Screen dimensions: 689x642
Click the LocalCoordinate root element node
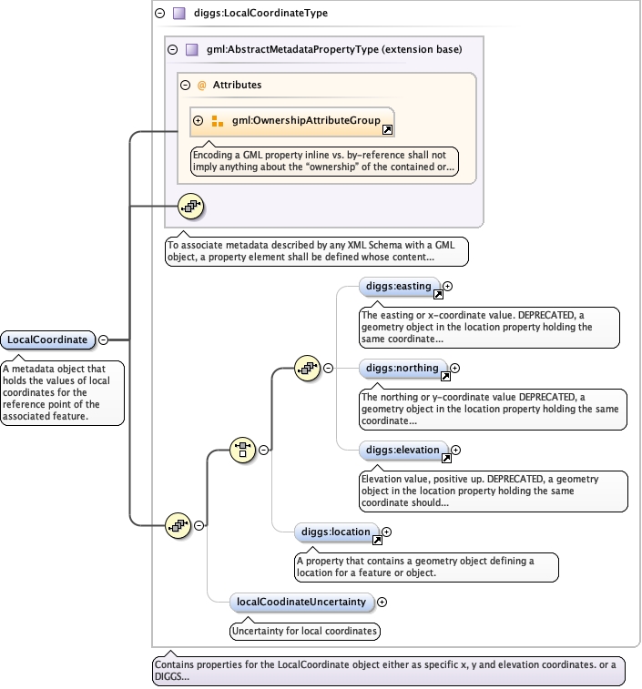coord(48,339)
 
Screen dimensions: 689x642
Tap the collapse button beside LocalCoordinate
coord(103,339)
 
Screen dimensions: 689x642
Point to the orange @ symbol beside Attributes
coord(201,85)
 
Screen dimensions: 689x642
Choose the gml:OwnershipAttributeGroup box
coord(292,120)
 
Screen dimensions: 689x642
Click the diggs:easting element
coord(399,287)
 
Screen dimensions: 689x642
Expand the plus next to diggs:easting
coord(448,287)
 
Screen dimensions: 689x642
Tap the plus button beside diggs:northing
coord(455,369)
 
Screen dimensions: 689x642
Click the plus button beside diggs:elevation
coord(456,450)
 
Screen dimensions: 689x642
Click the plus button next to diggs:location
coord(386,532)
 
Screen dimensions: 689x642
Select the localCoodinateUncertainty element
coord(301,601)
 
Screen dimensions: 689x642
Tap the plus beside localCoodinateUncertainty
coord(382,601)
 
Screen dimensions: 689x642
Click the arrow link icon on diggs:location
coord(377,540)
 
